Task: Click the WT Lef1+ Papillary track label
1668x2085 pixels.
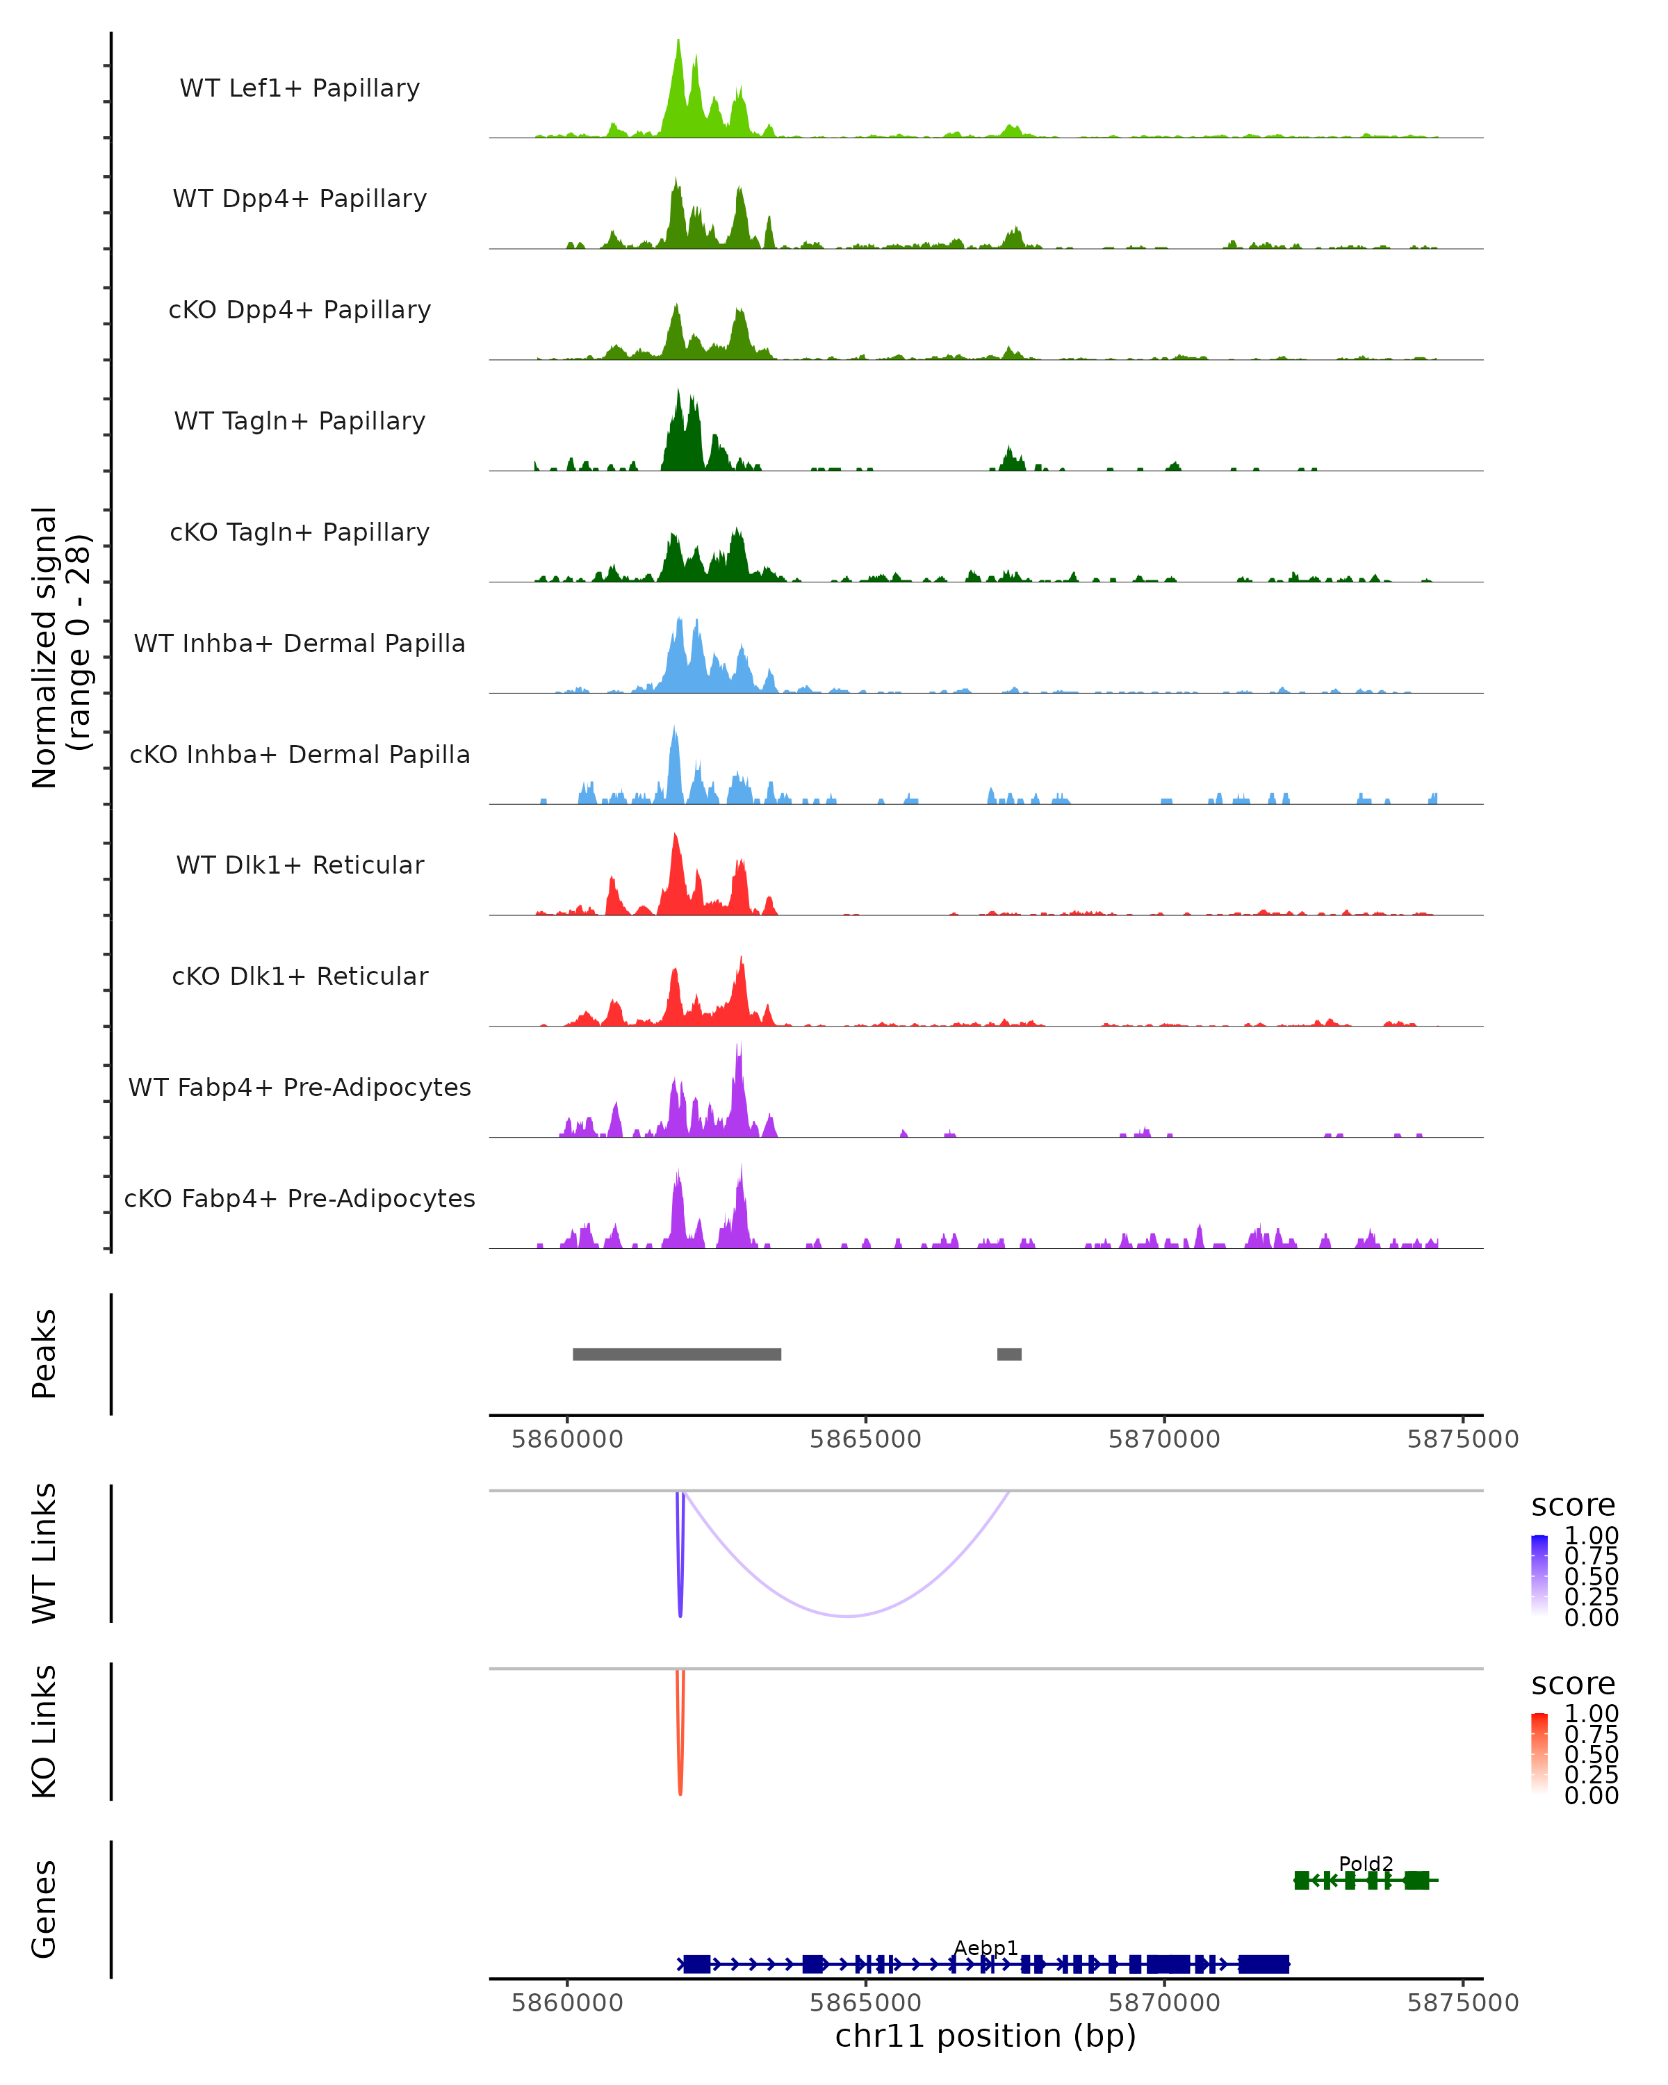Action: click(x=300, y=88)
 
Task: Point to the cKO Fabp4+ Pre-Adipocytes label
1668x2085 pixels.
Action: click(x=300, y=1198)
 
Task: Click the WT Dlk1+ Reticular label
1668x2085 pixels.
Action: click(x=300, y=865)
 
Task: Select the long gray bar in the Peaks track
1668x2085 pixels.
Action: click(x=677, y=1354)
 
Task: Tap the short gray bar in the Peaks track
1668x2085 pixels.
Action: click(x=1008, y=1354)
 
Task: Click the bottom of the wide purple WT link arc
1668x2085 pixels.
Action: click(x=847, y=1615)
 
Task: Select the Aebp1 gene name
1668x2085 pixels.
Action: click(x=986, y=1947)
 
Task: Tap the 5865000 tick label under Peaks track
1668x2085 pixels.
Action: click(x=865, y=1439)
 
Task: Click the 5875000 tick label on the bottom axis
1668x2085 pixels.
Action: click(x=1462, y=2003)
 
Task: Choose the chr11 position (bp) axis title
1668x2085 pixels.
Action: click(x=986, y=2036)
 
